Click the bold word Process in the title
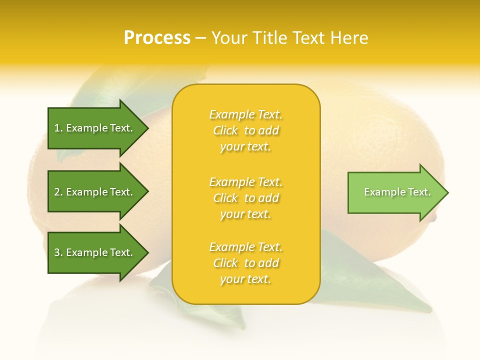click(x=157, y=38)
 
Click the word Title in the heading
click(x=270, y=38)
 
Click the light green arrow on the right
click(x=395, y=192)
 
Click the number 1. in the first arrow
click(x=58, y=128)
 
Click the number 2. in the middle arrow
click(x=58, y=192)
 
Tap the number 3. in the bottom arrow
click(x=58, y=252)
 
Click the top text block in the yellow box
click(x=245, y=130)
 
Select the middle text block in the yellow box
click(x=245, y=198)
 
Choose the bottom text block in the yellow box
click(x=245, y=263)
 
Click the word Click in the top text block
click(x=225, y=131)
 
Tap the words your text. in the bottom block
click(x=245, y=279)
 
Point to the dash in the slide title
click(x=200, y=38)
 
